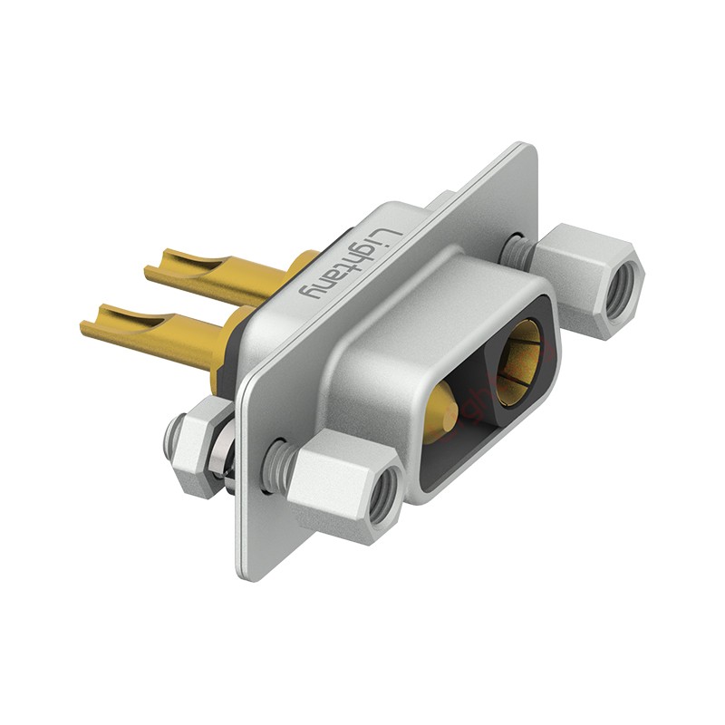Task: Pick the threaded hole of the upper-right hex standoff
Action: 623,291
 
